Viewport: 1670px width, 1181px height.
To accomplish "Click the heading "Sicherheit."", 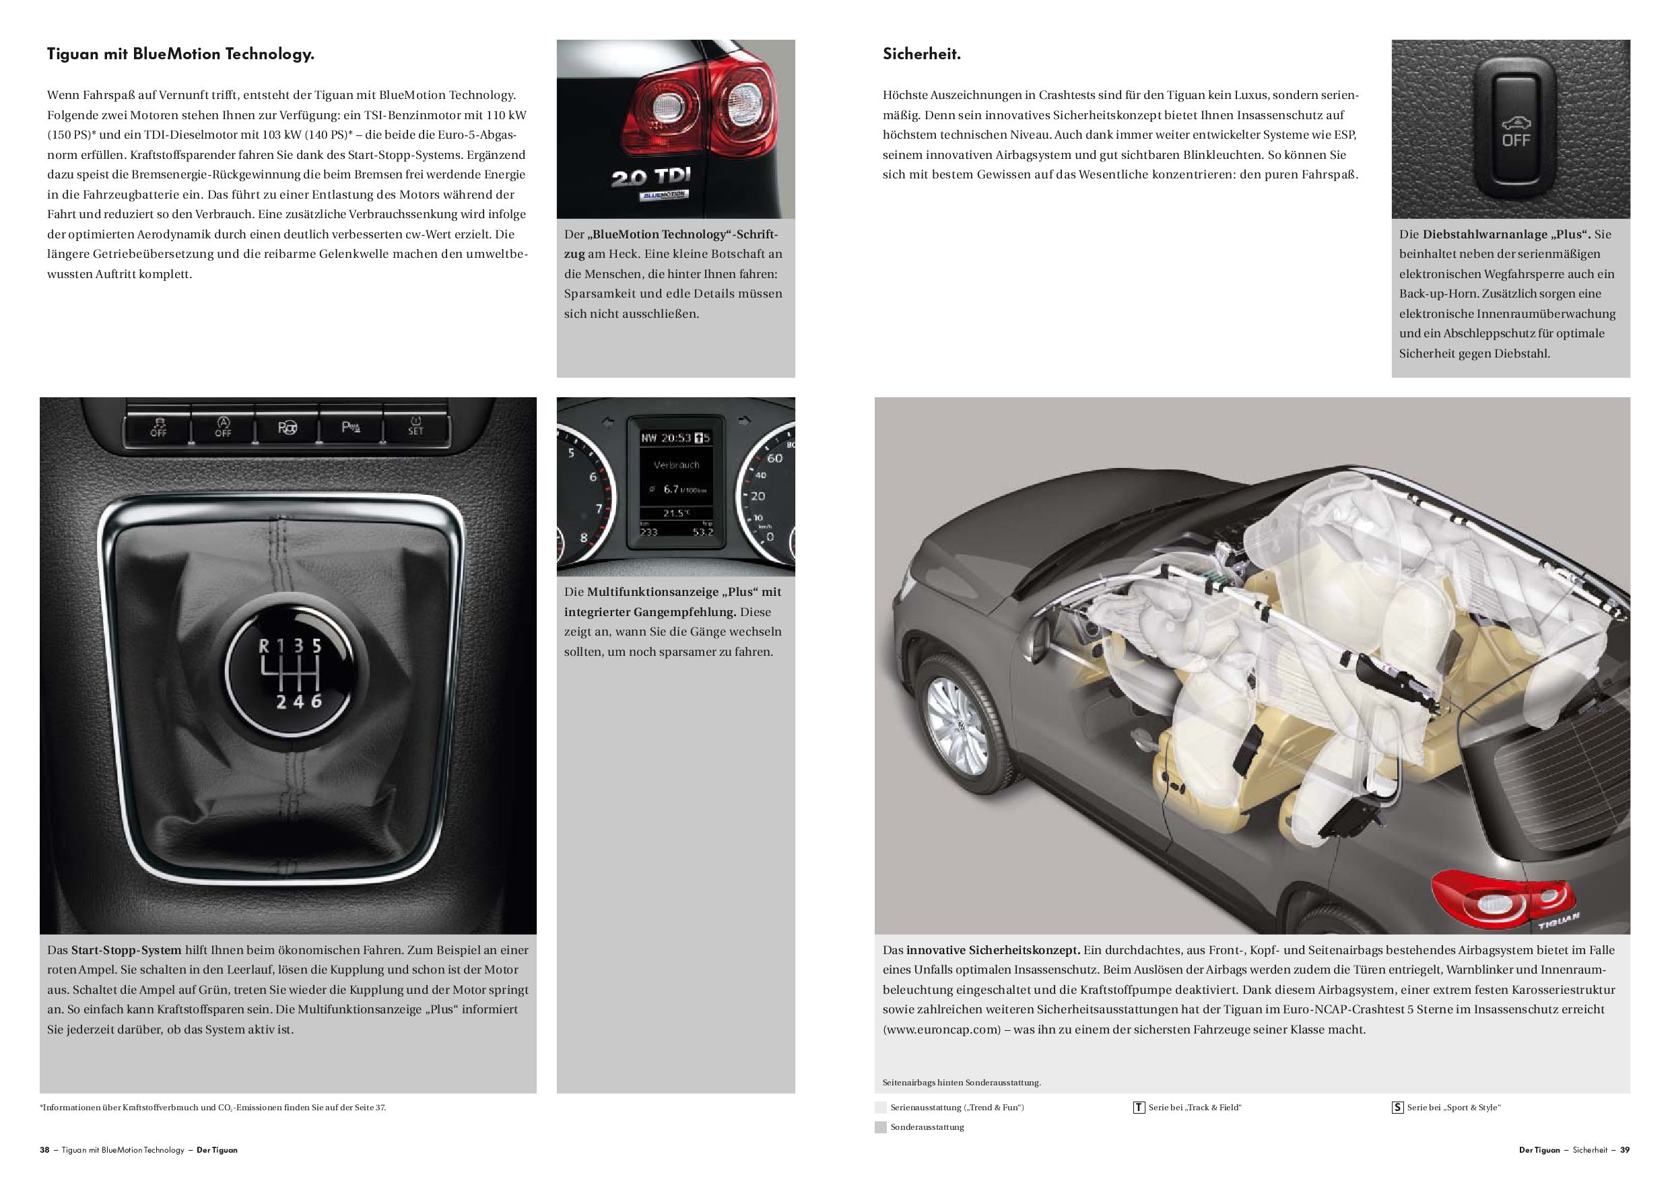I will tap(921, 55).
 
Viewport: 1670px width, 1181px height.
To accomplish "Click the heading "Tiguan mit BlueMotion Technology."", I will tap(180, 55).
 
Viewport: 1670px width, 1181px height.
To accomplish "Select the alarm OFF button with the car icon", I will tap(1515, 129).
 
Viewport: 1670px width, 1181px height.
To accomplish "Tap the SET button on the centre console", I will tap(415, 426).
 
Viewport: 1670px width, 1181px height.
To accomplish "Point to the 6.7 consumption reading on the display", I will tap(670, 490).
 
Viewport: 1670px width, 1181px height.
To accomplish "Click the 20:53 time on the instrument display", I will tap(675, 438).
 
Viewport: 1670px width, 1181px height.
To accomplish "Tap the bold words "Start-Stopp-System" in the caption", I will tap(126, 950).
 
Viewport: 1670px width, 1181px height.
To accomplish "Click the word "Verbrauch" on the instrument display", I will tap(677, 465).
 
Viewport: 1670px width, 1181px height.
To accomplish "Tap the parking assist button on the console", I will tap(351, 427).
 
